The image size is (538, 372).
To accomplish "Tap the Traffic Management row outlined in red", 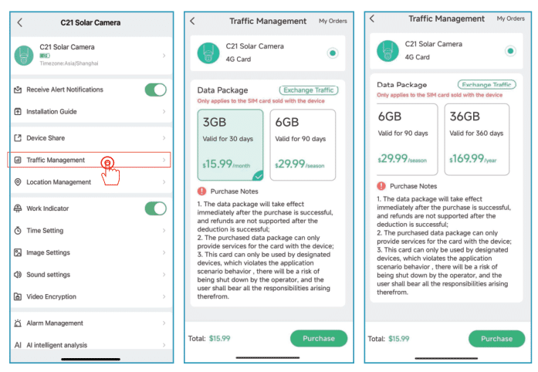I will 88,160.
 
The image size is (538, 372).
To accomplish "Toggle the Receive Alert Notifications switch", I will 155,90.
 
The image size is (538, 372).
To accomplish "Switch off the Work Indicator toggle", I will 155,208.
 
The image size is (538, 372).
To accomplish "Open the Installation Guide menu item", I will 90,112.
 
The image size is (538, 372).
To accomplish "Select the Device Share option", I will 90,138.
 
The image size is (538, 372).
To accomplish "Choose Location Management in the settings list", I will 90,182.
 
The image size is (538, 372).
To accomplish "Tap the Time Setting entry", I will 90,231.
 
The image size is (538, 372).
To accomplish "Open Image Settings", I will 90,252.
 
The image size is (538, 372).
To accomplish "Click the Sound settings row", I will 90,275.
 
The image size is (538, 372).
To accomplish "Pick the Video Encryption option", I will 90,296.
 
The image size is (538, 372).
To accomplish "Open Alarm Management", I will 90,323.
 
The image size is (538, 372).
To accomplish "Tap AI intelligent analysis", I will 90,345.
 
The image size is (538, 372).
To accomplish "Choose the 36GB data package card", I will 475,137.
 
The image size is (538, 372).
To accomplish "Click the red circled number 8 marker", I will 108,162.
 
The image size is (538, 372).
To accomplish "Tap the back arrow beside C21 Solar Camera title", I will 19,22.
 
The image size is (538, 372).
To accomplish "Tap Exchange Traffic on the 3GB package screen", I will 309,90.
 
